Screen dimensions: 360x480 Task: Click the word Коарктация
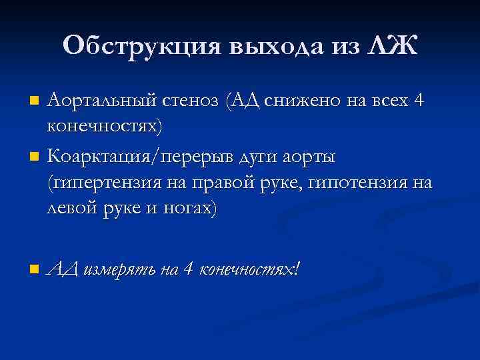(x=99, y=158)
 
